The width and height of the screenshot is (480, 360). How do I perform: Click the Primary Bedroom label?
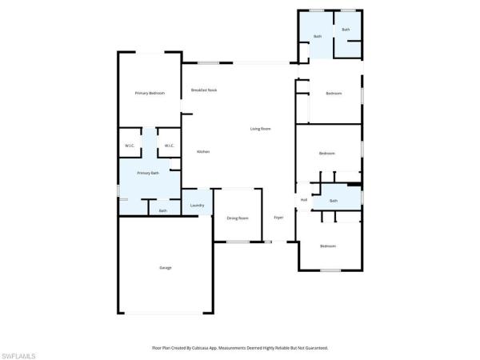[150, 94]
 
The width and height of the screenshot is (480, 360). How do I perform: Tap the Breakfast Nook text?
[204, 90]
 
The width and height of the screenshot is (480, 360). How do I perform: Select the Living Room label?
[260, 129]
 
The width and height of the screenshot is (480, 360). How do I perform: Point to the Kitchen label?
[203, 151]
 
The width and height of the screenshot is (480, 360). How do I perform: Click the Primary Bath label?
[148, 173]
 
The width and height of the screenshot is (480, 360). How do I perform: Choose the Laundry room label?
[198, 206]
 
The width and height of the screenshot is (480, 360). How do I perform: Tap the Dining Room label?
[238, 218]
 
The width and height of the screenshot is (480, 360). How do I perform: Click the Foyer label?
[278, 218]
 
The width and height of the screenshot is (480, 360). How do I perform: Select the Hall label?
[304, 199]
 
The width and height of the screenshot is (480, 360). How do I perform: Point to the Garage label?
[166, 267]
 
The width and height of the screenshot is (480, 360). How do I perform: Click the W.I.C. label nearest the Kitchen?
[170, 146]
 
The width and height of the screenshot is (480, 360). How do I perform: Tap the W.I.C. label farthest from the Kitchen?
[129, 146]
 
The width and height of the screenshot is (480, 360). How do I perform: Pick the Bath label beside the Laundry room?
[163, 210]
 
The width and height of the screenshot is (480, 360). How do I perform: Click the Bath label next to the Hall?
[334, 201]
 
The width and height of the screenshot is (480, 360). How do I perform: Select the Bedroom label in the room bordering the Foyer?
[328, 246]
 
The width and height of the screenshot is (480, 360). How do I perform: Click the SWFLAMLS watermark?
[20, 353]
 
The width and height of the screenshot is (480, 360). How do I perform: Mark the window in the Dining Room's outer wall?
[238, 242]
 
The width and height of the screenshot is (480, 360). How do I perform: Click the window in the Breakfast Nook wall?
[209, 63]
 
